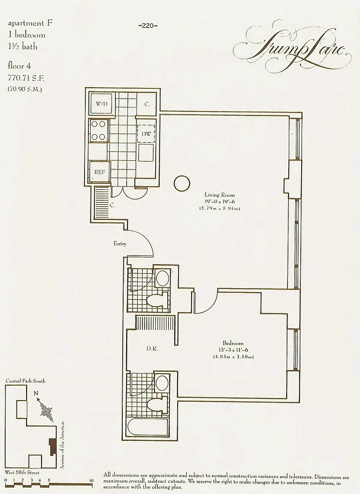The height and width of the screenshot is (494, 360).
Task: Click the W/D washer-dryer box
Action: [x=102, y=104]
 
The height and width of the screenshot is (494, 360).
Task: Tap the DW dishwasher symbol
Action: [x=146, y=134]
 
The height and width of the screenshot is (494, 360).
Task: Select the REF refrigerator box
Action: [x=100, y=172]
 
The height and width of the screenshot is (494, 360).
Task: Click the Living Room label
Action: [x=219, y=195]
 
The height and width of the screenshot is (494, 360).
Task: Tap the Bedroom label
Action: [x=233, y=343]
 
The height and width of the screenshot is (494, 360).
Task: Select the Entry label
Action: [x=120, y=244]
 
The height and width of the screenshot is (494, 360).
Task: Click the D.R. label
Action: [x=152, y=349]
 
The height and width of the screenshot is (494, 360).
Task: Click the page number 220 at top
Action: [x=148, y=26]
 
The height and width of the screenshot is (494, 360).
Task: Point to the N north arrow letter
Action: [x=36, y=393]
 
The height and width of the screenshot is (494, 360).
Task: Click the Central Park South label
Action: [x=25, y=381]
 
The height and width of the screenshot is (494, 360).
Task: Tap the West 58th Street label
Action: [x=22, y=473]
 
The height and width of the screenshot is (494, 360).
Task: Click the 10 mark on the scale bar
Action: [x=91, y=480]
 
